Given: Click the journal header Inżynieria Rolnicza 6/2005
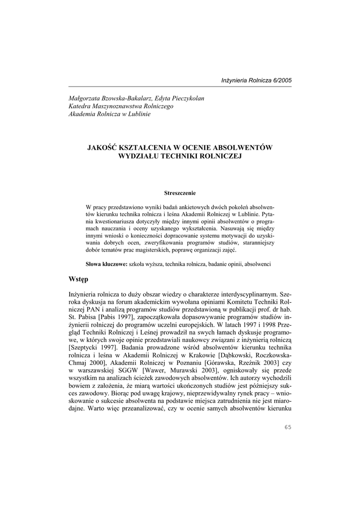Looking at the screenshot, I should click(x=257, y=81).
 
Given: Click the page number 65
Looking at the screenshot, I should click(x=287, y=427).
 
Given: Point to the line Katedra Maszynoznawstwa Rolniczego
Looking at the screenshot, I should click(x=121, y=106).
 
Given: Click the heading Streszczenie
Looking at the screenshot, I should click(x=180, y=192).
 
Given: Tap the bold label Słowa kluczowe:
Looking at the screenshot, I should click(x=107, y=263).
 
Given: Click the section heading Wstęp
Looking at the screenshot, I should click(x=78, y=279).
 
